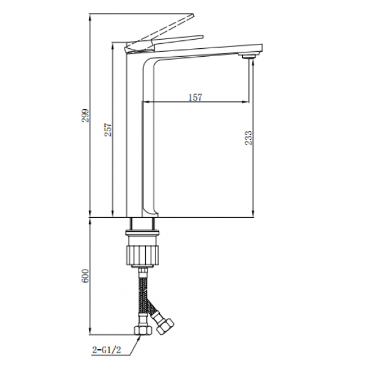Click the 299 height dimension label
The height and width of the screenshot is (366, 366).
coord(85,115)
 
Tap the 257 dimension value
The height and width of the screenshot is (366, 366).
coord(108,130)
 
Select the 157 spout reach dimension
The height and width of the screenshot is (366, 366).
coord(195,98)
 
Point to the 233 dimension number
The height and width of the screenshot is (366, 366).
coord(249,138)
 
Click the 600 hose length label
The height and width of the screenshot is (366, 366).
coord(85,276)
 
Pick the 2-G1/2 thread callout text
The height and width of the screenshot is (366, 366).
coord(107,350)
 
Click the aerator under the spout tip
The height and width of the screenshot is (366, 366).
coord(249,57)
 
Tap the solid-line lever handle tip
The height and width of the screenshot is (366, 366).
coord(203,37)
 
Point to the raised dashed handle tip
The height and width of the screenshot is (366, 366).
coord(193,15)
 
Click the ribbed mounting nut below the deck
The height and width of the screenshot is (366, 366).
coord(143,255)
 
